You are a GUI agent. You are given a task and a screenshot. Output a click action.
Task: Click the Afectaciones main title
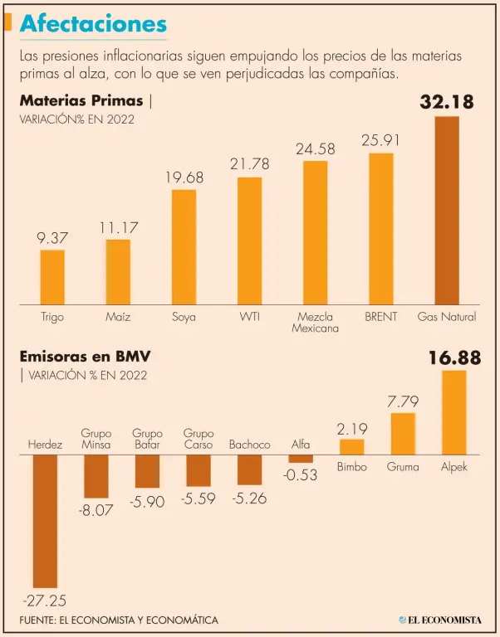92,24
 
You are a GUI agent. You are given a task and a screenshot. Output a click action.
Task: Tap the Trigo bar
52,276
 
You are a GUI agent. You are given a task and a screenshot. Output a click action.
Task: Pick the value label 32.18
446,102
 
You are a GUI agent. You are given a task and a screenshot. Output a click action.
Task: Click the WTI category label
249,317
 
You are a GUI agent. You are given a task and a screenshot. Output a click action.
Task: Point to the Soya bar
184,246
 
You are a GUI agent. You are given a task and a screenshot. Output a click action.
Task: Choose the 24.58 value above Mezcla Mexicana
316,149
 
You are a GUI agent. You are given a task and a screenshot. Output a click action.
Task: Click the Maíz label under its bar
118,317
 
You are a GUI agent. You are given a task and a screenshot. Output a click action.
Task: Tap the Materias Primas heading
81,100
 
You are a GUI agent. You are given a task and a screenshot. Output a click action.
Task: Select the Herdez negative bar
45,521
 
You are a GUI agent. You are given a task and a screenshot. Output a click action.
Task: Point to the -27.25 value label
43,600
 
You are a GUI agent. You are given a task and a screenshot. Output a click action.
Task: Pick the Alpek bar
453,412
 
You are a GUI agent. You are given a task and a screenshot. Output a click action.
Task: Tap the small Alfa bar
301,458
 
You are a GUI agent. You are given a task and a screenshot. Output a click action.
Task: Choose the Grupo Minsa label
96,439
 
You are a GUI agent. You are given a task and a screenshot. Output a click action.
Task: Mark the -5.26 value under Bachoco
249,498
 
